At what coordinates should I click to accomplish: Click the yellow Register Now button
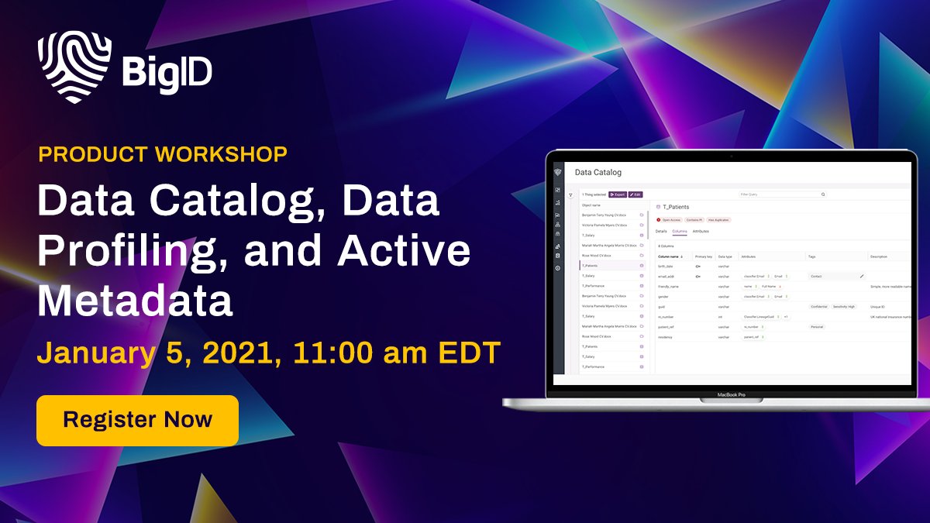pyautogui.click(x=137, y=420)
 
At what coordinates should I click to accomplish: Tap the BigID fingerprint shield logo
pyautogui.click(x=74, y=67)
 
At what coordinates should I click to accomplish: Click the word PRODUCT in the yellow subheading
pyautogui.click(x=84, y=154)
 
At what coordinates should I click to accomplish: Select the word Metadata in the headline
pyautogui.click(x=136, y=300)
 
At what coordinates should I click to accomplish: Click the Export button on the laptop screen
pyautogui.click(x=617, y=194)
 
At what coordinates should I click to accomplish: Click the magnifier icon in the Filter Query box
pyautogui.click(x=823, y=194)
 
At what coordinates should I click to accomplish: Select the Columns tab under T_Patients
pyautogui.click(x=680, y=231)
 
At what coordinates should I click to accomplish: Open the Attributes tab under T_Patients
pyautogui.click(x=701, y=231)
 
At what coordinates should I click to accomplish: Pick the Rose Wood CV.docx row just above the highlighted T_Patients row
pyautogui.click(x=598, y=255)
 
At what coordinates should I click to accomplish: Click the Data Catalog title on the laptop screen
pyautogui.click(x=598, y=172)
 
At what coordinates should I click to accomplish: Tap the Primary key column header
pyautogui.click(x=703, y=256)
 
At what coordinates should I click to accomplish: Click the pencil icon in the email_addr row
pyautogui.click(x=861, y=276)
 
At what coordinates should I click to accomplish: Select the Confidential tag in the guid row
pyautogui.click(x=818, y=306)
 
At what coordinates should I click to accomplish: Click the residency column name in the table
pyautogui.click(x=666, y=337)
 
